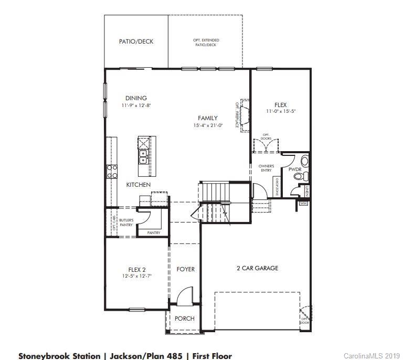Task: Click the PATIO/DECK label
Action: (136, 41)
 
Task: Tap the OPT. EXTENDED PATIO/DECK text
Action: (205, 43)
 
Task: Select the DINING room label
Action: (136, 98)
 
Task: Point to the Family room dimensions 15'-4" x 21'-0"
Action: (207, 125)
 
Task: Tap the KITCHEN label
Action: (138, 185)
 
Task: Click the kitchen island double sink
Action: (143, 156)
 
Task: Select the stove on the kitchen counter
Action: (112, 171)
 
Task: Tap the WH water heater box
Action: (303, 203)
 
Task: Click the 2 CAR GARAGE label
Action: (257, 268)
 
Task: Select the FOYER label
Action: (185, 269)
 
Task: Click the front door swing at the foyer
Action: (184, 298)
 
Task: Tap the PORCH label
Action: (184, 319)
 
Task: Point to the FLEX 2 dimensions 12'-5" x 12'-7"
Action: (136, 276)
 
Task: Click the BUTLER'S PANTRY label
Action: (126, 222)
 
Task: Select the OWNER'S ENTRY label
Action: (266, 168)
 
